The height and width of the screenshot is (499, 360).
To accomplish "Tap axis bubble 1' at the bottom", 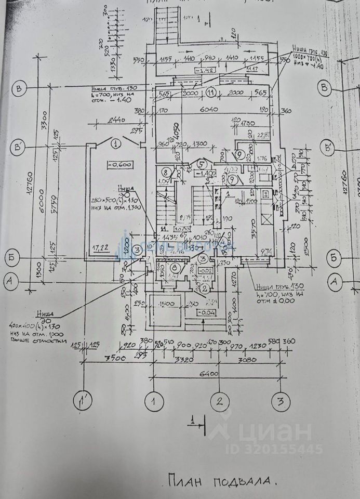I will [x=82, y=401].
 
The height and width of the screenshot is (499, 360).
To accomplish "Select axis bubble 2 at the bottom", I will [x=220, y=401].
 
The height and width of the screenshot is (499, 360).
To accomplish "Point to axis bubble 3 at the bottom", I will [x=280, y=401].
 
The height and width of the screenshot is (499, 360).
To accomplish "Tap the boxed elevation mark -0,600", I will [x=119, y=165].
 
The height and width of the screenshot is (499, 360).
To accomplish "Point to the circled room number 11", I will [x=210, y=93].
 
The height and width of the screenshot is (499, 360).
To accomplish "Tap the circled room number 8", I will [x=166, y=172].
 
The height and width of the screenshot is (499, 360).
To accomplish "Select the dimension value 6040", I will [x=211, y=110].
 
